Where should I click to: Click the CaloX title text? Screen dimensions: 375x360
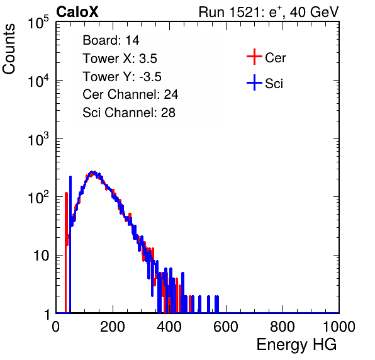(77, 12)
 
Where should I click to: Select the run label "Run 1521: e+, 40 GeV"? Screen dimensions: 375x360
(269, 12)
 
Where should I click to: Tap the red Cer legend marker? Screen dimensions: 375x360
(254, 57)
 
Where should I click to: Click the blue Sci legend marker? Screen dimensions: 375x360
(254, 82)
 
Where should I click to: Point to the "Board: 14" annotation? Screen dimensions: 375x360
(111, 40)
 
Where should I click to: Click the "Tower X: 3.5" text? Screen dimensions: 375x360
(120, 59)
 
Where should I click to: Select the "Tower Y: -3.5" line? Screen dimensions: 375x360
(122, 77)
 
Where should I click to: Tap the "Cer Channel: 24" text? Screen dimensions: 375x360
(130, 94)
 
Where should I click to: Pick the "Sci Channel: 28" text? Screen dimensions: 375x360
(129, 113)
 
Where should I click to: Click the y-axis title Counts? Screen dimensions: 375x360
(9, 49)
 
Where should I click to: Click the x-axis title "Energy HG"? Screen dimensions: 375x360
(296, 345)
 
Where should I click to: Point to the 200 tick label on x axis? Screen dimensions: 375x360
(113, 327)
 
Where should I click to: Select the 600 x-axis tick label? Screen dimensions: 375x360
(226, 327)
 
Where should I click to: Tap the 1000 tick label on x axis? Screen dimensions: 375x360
(339, 327)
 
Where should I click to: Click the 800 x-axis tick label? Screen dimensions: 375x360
(283, 327)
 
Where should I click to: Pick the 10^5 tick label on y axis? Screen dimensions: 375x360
(38, 23)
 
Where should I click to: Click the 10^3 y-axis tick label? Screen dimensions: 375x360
(38, 139)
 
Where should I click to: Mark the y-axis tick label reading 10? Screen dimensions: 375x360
(41, 256)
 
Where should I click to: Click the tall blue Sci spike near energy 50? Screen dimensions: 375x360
(70, 244)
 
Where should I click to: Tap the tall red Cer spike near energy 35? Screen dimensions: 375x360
(66, 252)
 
